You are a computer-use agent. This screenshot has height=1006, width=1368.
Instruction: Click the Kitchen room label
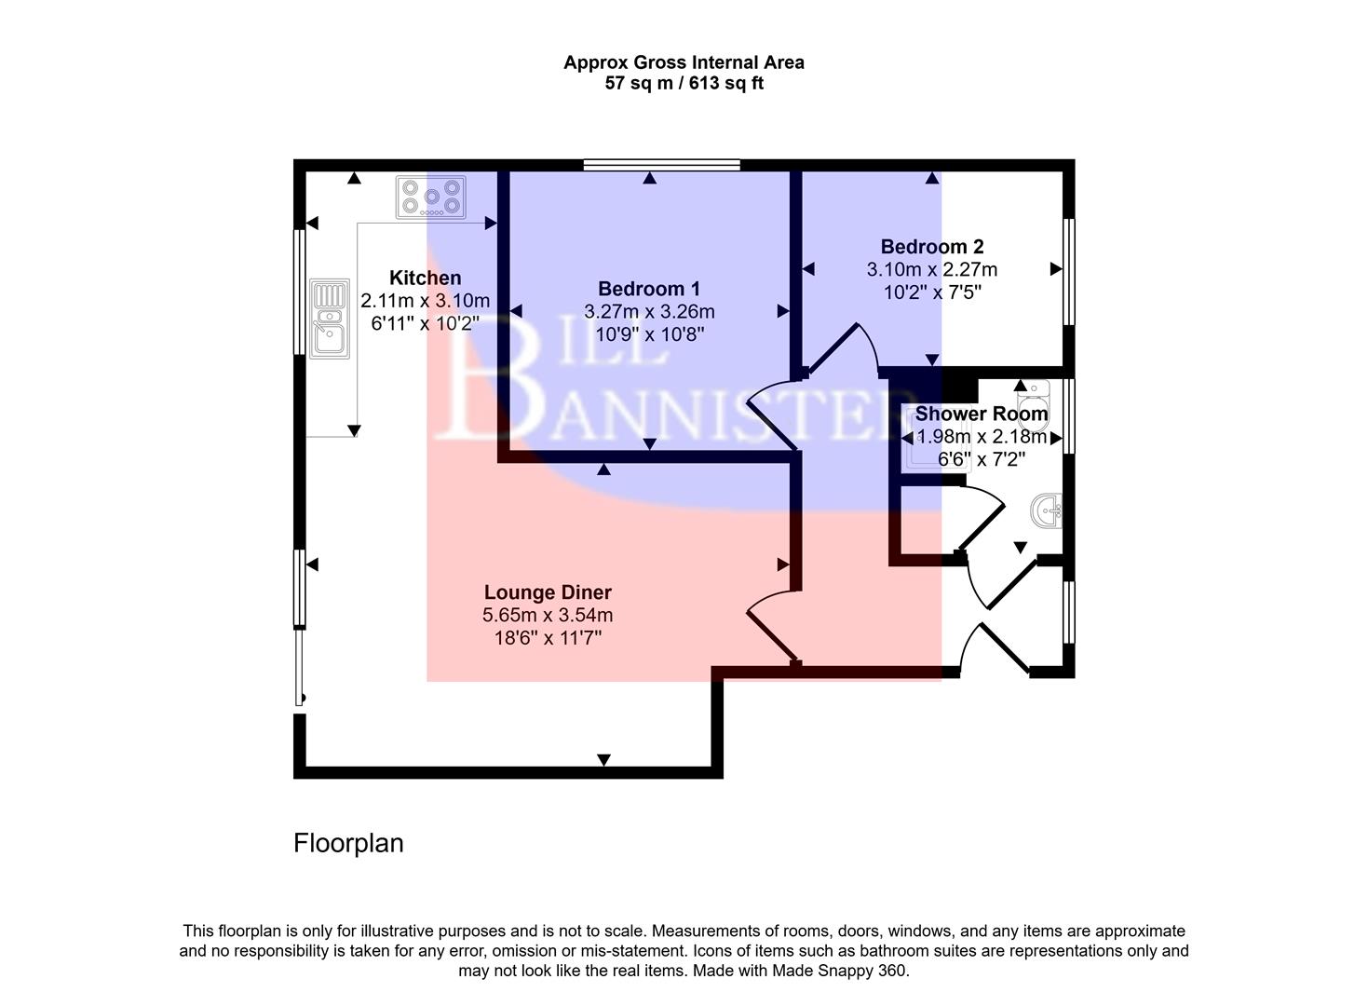[425, 278]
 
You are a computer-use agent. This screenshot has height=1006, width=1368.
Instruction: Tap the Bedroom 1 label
[648, 289]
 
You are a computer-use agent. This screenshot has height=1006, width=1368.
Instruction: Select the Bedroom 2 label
[931, 247]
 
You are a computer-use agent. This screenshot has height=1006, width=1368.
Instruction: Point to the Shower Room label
[981, 414]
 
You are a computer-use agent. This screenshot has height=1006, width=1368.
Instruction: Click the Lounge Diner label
[548, 592]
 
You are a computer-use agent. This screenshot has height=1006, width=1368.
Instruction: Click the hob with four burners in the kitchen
[431, 197]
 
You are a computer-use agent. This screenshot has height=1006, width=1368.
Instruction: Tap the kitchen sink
[329, 319]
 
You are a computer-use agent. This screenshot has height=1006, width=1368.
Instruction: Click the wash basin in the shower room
[1048, 510]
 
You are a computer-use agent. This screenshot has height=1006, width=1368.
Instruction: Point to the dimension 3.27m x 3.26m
[648, 312]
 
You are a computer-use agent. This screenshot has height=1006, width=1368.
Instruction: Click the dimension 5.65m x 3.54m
[548, 616]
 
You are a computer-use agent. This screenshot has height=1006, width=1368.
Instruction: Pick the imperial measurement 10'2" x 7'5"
[931, 292]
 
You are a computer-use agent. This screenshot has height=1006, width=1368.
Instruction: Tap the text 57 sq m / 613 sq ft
[684, 84]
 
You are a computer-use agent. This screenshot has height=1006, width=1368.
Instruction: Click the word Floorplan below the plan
[348, 843]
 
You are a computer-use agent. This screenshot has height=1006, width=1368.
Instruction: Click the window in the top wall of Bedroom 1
[662, 165]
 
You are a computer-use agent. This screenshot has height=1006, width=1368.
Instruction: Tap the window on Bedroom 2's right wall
[1069, 271]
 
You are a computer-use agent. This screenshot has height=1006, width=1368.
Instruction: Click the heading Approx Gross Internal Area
[684, 62]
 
